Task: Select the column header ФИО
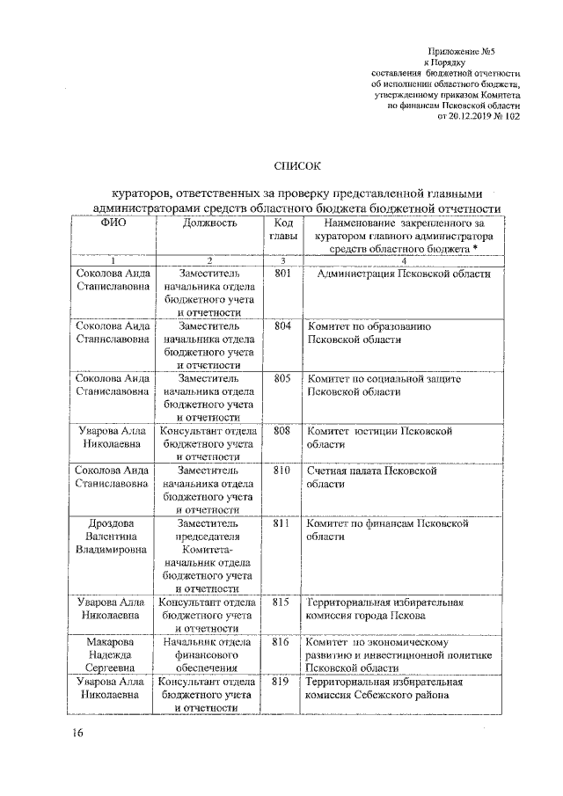pyautogui.click(x=113, y=224)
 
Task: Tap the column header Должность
pyautogui.click(x=209, y=224)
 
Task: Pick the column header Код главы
pyautogui.click(x=282, y=231)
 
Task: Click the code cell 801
pyautogui.click(x=282, y=275)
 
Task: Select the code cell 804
pyautogui.click(x=282, y=326)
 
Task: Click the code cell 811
pyautogui.click(x=282, y=523)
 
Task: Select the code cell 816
pyautogui.click(x=282, y=642)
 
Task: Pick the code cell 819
pyautogui.click(x=282, y=682)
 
